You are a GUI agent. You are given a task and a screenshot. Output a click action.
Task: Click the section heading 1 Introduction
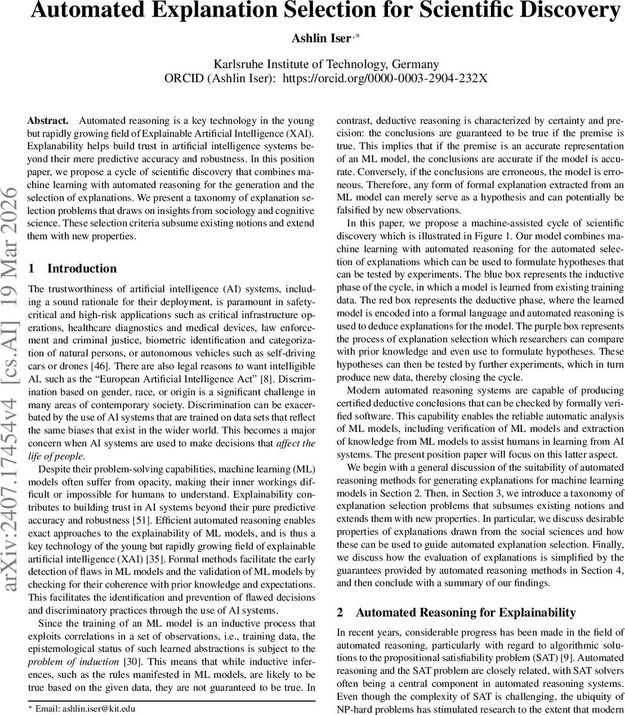pyautogui.click(x=73, y=269)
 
